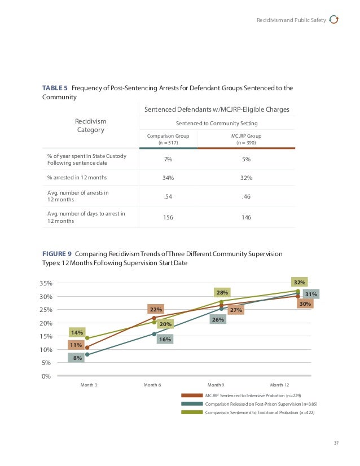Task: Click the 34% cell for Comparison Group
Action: (168, 178)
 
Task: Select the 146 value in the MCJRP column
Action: (246, 217)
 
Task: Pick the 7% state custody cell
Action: (168, 160)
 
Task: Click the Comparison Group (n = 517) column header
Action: (168, 139)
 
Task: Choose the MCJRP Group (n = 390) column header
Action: (246, 139)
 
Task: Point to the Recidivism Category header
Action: (90, 125)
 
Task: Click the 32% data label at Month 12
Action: (300, 282)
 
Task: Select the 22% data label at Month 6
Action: (156, 309)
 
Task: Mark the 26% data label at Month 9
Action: (218, 319)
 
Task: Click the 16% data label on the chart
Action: (165, 339)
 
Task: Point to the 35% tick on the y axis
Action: (46, 283)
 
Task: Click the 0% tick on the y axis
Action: (47, 376)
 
